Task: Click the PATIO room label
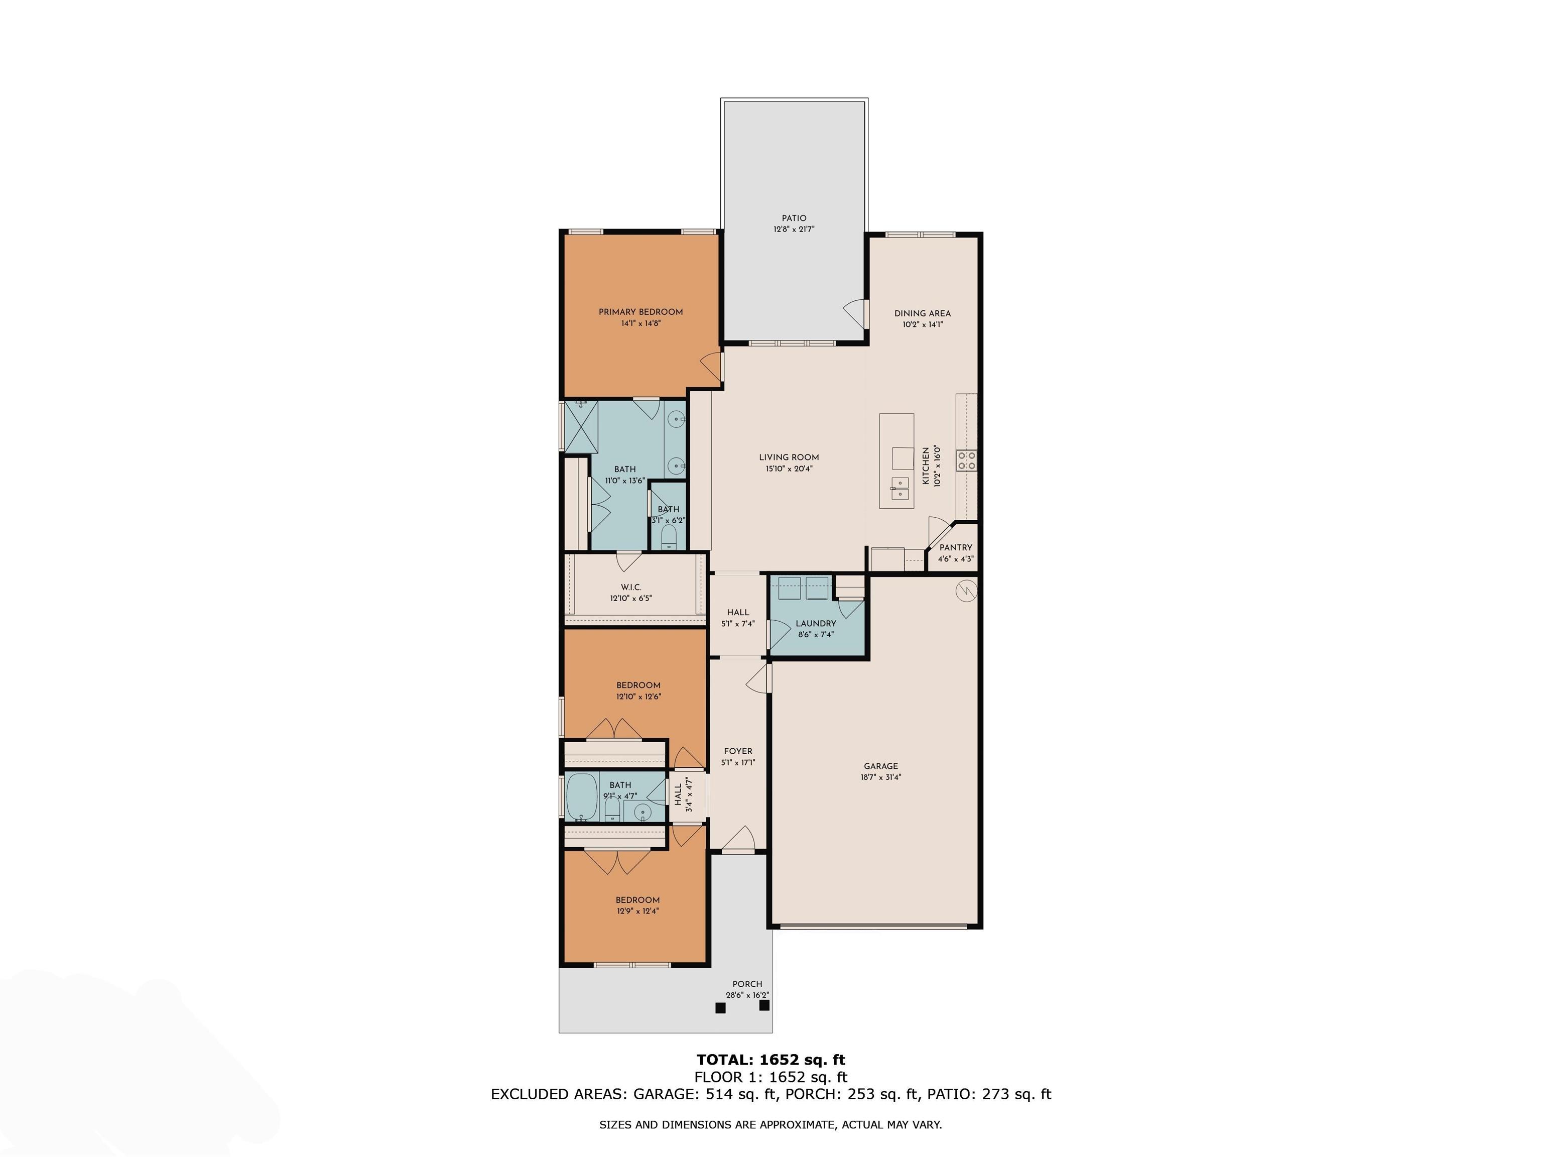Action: pos(794,218)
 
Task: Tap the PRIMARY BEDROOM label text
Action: pos(640,312)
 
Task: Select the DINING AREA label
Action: pos(922,313)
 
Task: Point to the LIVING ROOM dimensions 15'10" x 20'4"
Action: pos(789,469)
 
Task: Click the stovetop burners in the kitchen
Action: pos(966,459)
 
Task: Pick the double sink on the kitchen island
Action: pos(899,488)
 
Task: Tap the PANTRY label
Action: pos(956,547)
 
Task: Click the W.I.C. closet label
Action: pos(631,587)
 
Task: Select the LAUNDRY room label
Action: pos(816,624)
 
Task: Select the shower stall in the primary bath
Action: pos(581,426)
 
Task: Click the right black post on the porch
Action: pos(764,1005)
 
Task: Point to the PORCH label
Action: pos(747,984)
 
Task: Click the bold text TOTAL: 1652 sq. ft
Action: pos(771,1060)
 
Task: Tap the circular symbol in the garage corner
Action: pos(966,591)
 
